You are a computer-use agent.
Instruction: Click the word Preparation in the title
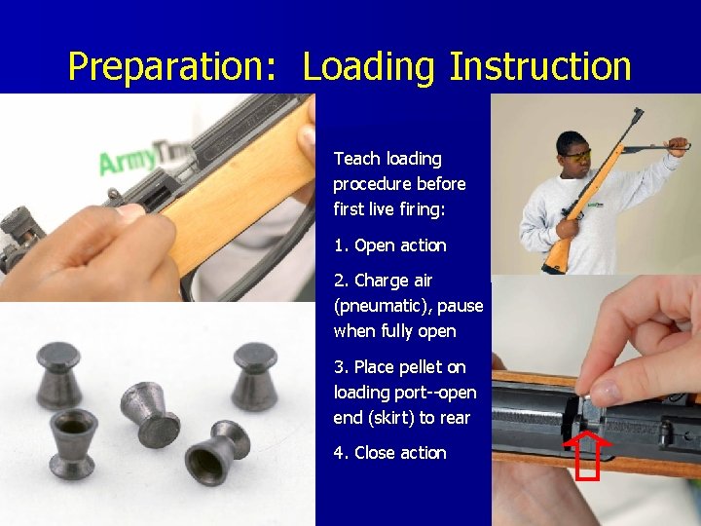[172, 66]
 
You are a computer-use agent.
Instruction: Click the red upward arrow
[587, 455]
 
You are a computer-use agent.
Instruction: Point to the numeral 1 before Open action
[338, 245]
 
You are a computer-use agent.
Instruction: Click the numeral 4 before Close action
[339, 453]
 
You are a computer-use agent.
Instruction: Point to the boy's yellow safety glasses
[578, 156]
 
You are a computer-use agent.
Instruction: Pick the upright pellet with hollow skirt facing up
[73, 443]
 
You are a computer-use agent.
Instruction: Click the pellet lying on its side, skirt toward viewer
[217, 452]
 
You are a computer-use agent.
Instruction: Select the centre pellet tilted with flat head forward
[150, 415]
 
